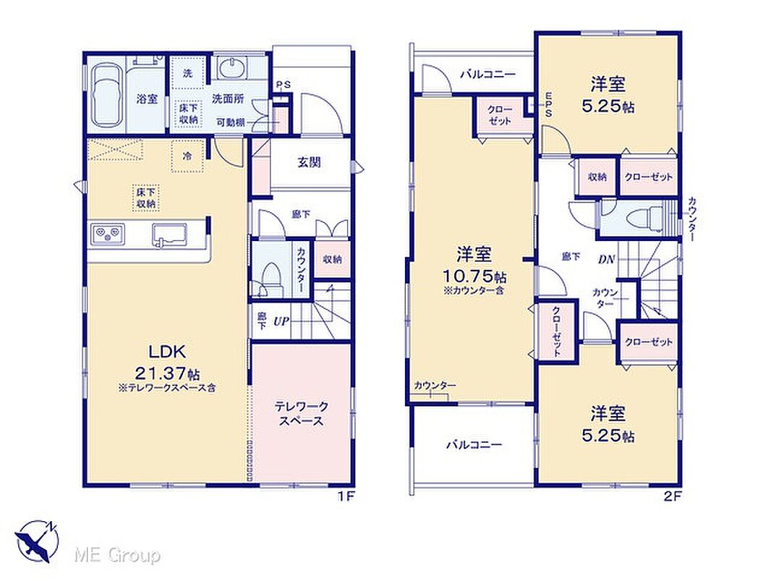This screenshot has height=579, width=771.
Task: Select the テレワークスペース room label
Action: [301, 414]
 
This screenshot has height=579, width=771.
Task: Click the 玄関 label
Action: [309, 162]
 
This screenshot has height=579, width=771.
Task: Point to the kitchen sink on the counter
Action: [169, 233]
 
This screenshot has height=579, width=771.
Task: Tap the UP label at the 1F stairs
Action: [281, 322]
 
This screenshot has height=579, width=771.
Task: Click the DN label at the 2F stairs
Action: [606, 259]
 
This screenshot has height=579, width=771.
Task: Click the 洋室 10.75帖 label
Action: [474, 266]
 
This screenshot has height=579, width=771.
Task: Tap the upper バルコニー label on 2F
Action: [487, 75]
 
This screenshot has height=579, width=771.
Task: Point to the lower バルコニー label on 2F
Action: [474, 445]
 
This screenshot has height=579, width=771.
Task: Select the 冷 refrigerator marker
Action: [187, 156]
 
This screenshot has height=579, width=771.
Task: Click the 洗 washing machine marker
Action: [187, 74]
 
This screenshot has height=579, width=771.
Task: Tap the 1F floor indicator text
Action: [346, 496]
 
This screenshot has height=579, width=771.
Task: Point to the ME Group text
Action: [117, 556]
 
